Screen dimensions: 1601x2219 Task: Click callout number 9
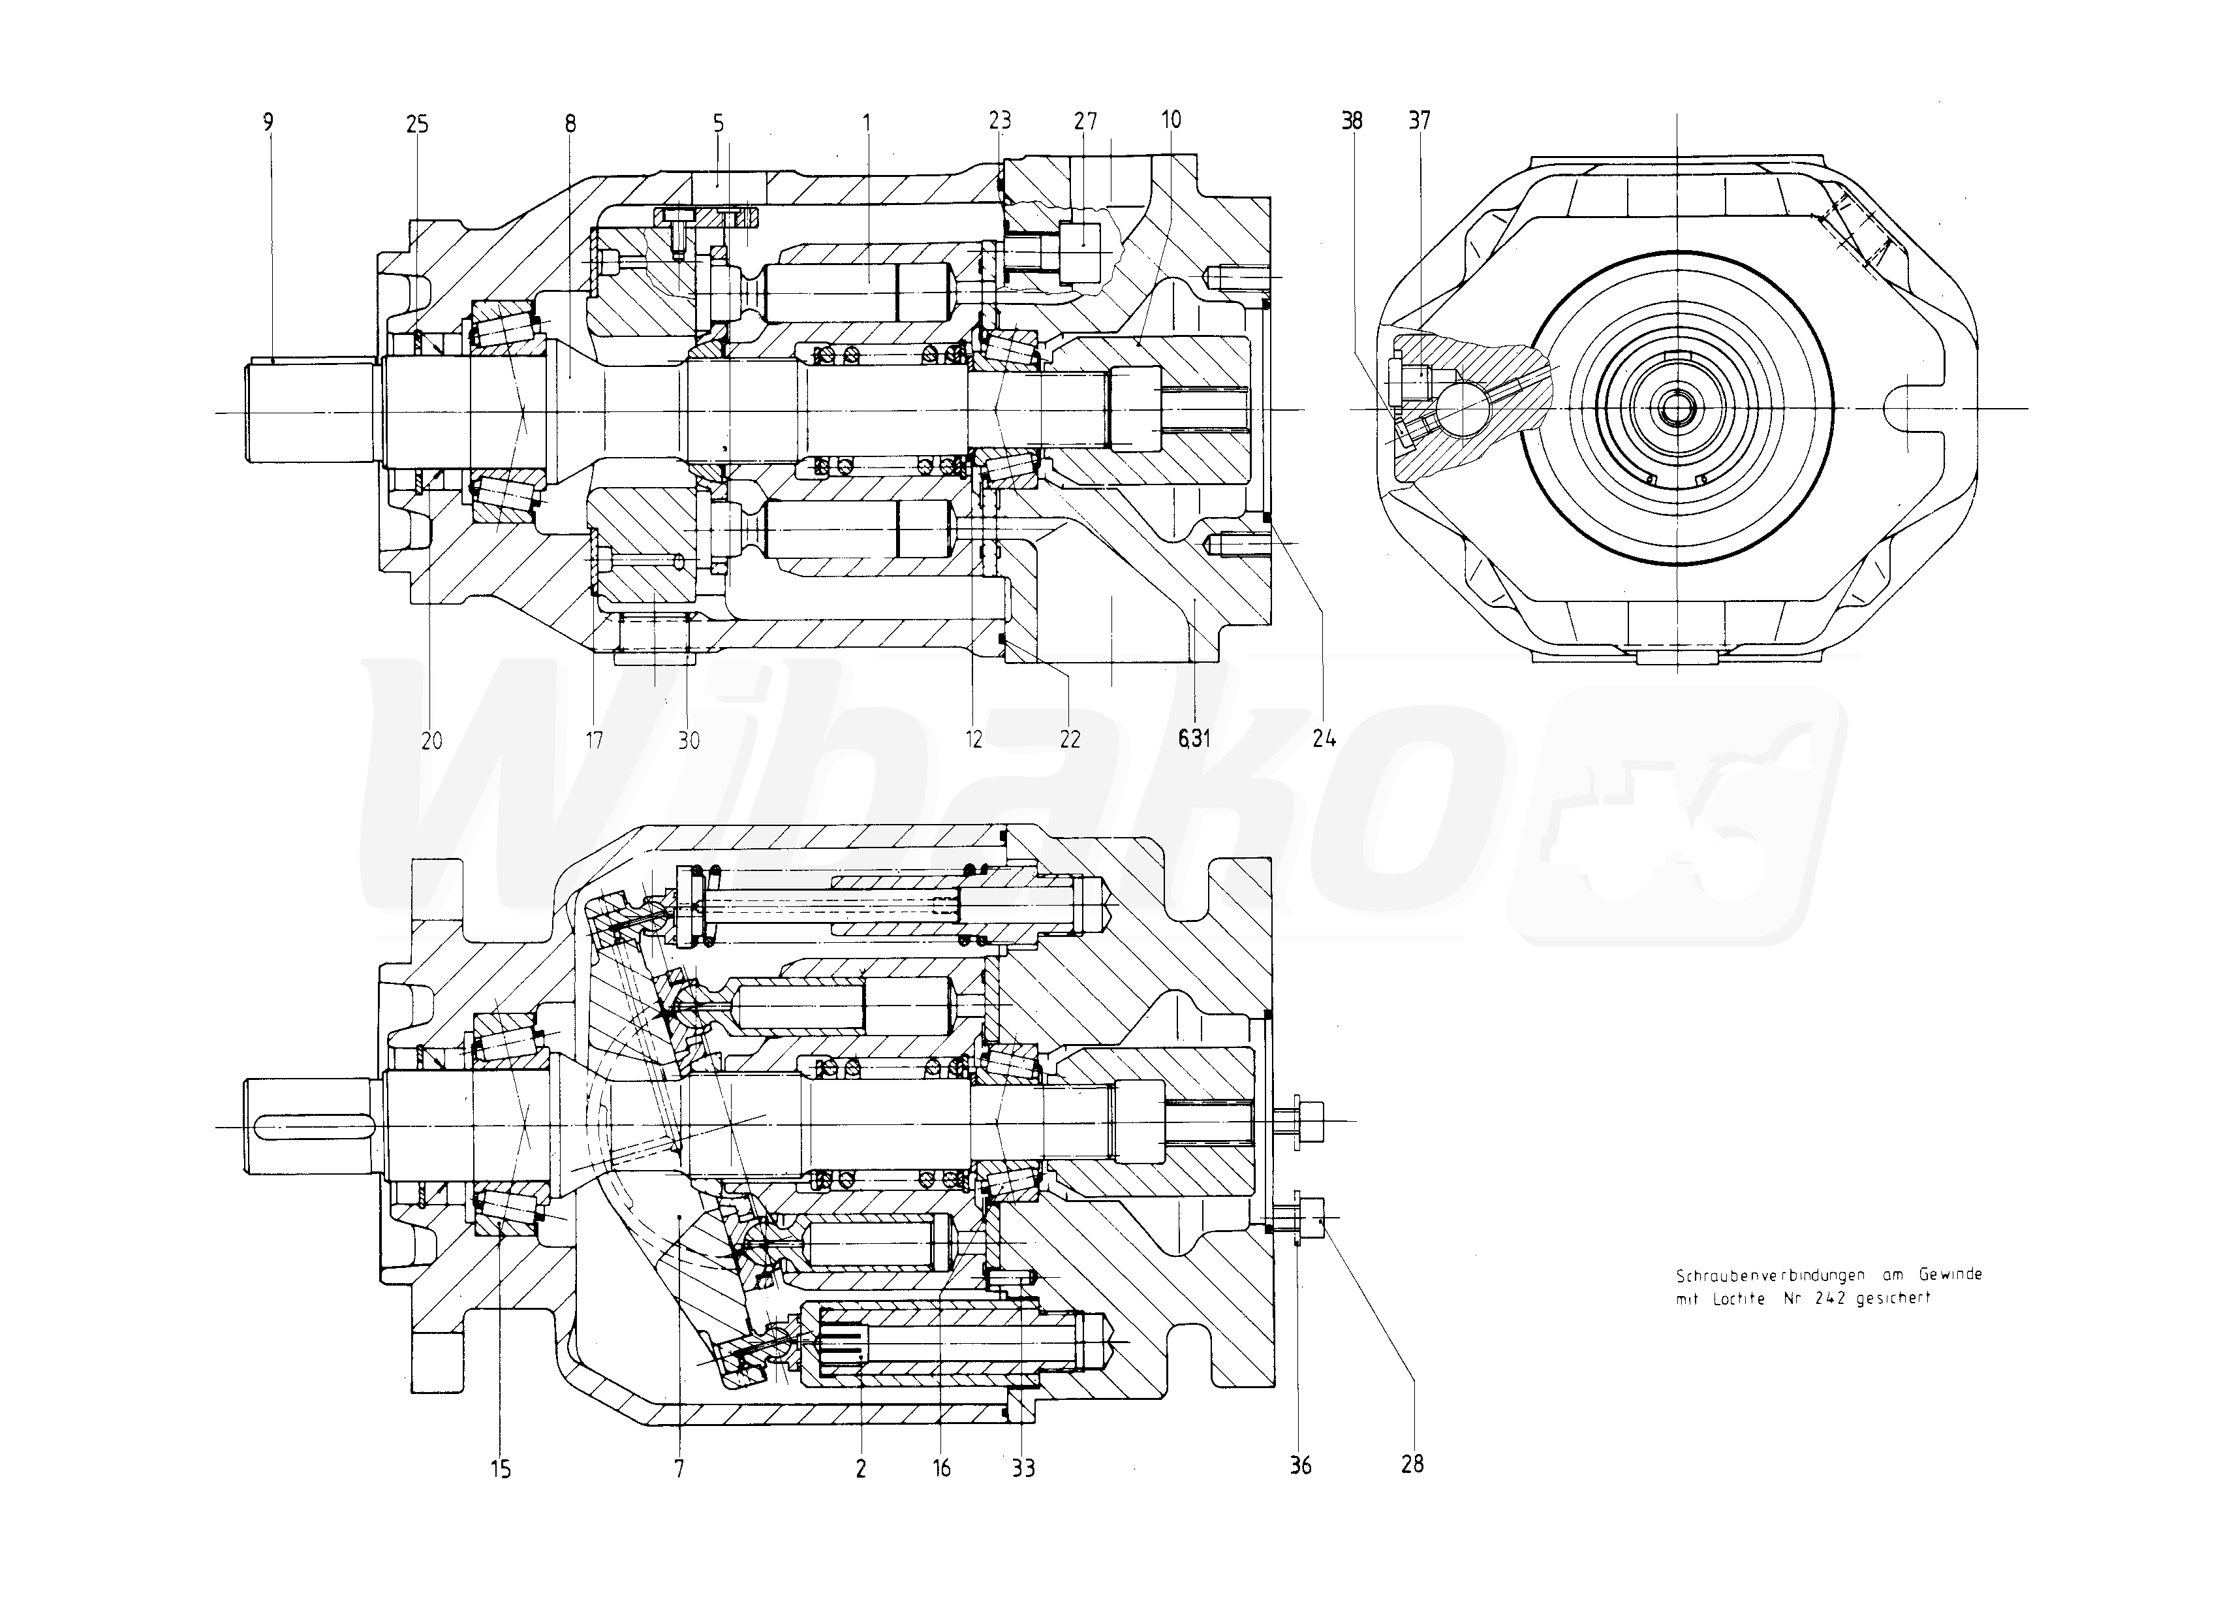click(x=268, y=121)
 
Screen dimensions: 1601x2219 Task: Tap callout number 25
click(x=417, y=124)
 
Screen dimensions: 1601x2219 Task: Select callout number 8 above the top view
click(x=570, y=123)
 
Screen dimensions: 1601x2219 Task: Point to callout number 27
click(x=1085, y=121)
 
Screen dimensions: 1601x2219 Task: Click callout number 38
click(x=1352, y=120)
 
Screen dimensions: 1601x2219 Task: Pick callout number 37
click(x=1419, y=120)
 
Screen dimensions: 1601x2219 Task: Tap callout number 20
click(x=431, y=741)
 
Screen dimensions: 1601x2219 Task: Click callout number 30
click(x=689, y=741)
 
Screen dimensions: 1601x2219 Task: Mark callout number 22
click(x=1070, y=740)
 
